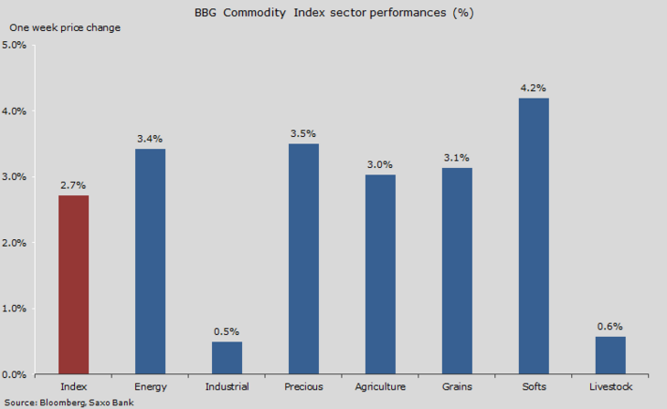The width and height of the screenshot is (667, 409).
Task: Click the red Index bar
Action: (x=74, y=285)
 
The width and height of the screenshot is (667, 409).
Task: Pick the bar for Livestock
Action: (x=611, y=355)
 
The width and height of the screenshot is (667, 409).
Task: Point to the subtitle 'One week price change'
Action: (x=65, y=27)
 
